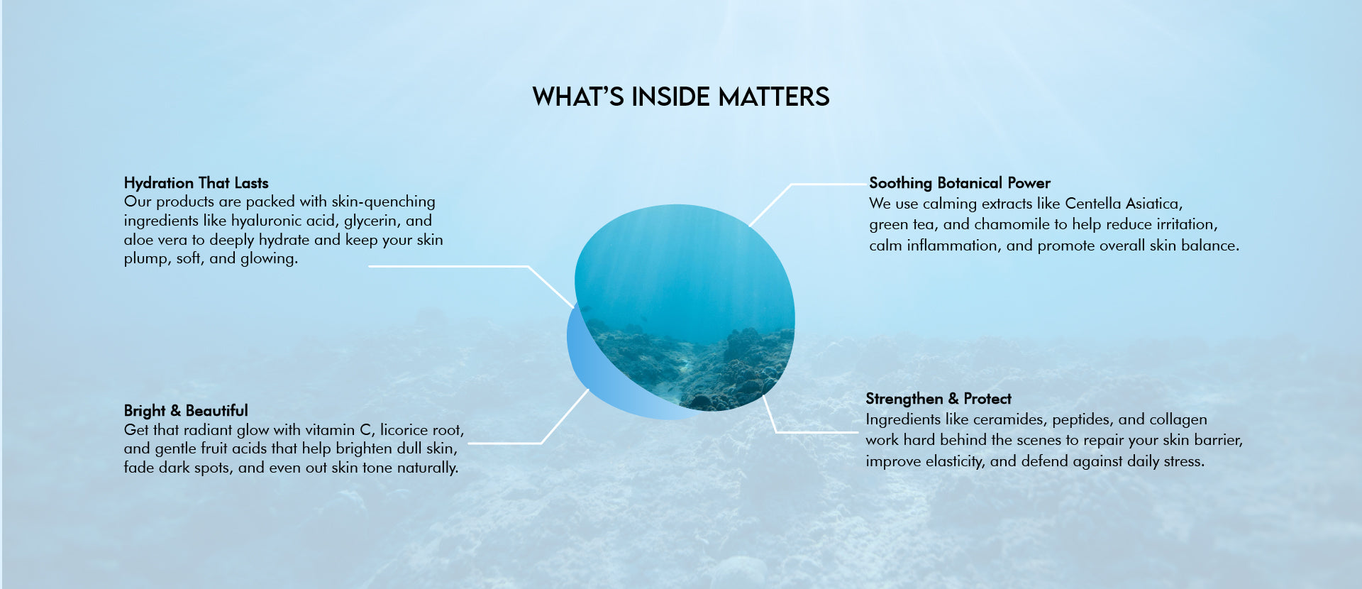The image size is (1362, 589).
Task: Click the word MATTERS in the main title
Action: [774, 97]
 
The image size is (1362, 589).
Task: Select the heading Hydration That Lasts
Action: [196, 183]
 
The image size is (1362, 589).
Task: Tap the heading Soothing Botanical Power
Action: [960, 183]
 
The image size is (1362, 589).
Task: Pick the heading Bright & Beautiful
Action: [186, 411]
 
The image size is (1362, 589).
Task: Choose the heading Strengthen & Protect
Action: [939, 399]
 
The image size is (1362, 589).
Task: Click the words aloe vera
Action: [155, 240]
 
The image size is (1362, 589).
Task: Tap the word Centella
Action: [1092, 204]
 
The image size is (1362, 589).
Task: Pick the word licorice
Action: [405, 430]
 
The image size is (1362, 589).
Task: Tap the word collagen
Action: [1178, 419]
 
